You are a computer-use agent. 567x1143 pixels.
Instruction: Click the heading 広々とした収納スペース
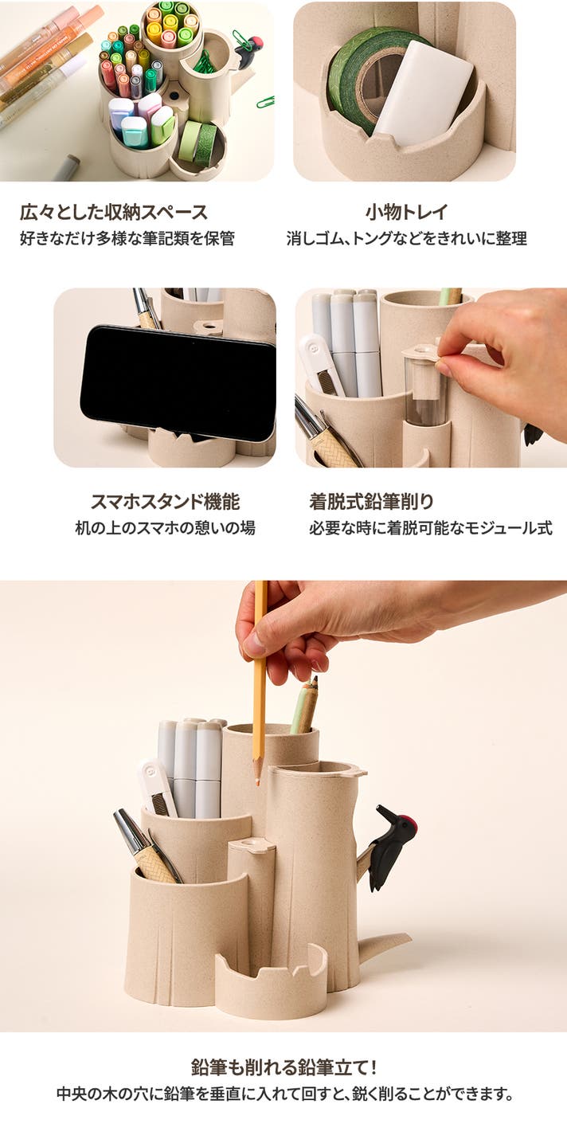(114, 212)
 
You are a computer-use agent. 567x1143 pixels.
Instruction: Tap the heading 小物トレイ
(407, 212)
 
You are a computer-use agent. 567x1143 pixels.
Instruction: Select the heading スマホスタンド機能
(165, 502)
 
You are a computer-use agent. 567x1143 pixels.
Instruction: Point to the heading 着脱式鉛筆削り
(371, 502)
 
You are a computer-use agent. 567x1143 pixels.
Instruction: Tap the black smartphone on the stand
(178, 382)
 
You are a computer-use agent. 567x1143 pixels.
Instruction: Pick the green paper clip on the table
(265, 101)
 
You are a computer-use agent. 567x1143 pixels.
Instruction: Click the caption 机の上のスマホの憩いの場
(165, 527)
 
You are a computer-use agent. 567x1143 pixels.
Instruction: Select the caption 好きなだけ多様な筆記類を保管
(127, 238)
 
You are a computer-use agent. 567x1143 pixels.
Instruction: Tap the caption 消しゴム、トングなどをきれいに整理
(407, 238)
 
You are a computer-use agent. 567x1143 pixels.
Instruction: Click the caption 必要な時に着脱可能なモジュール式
(431, 527)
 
